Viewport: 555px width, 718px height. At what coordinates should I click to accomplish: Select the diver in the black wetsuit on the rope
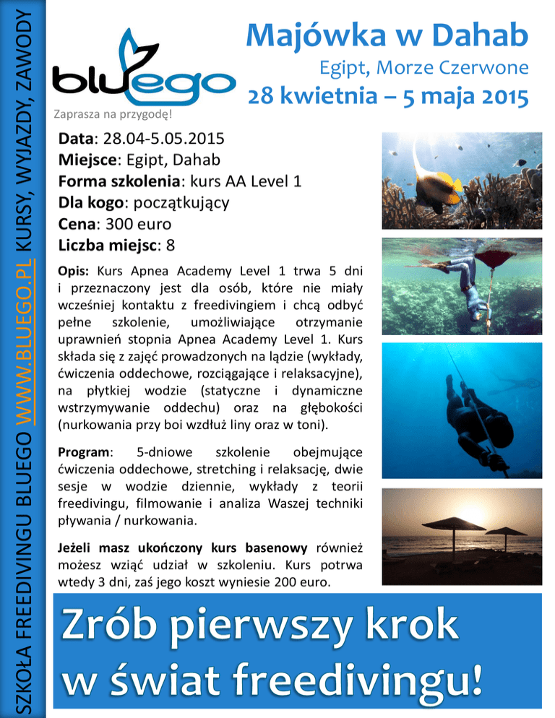[468, 408]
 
